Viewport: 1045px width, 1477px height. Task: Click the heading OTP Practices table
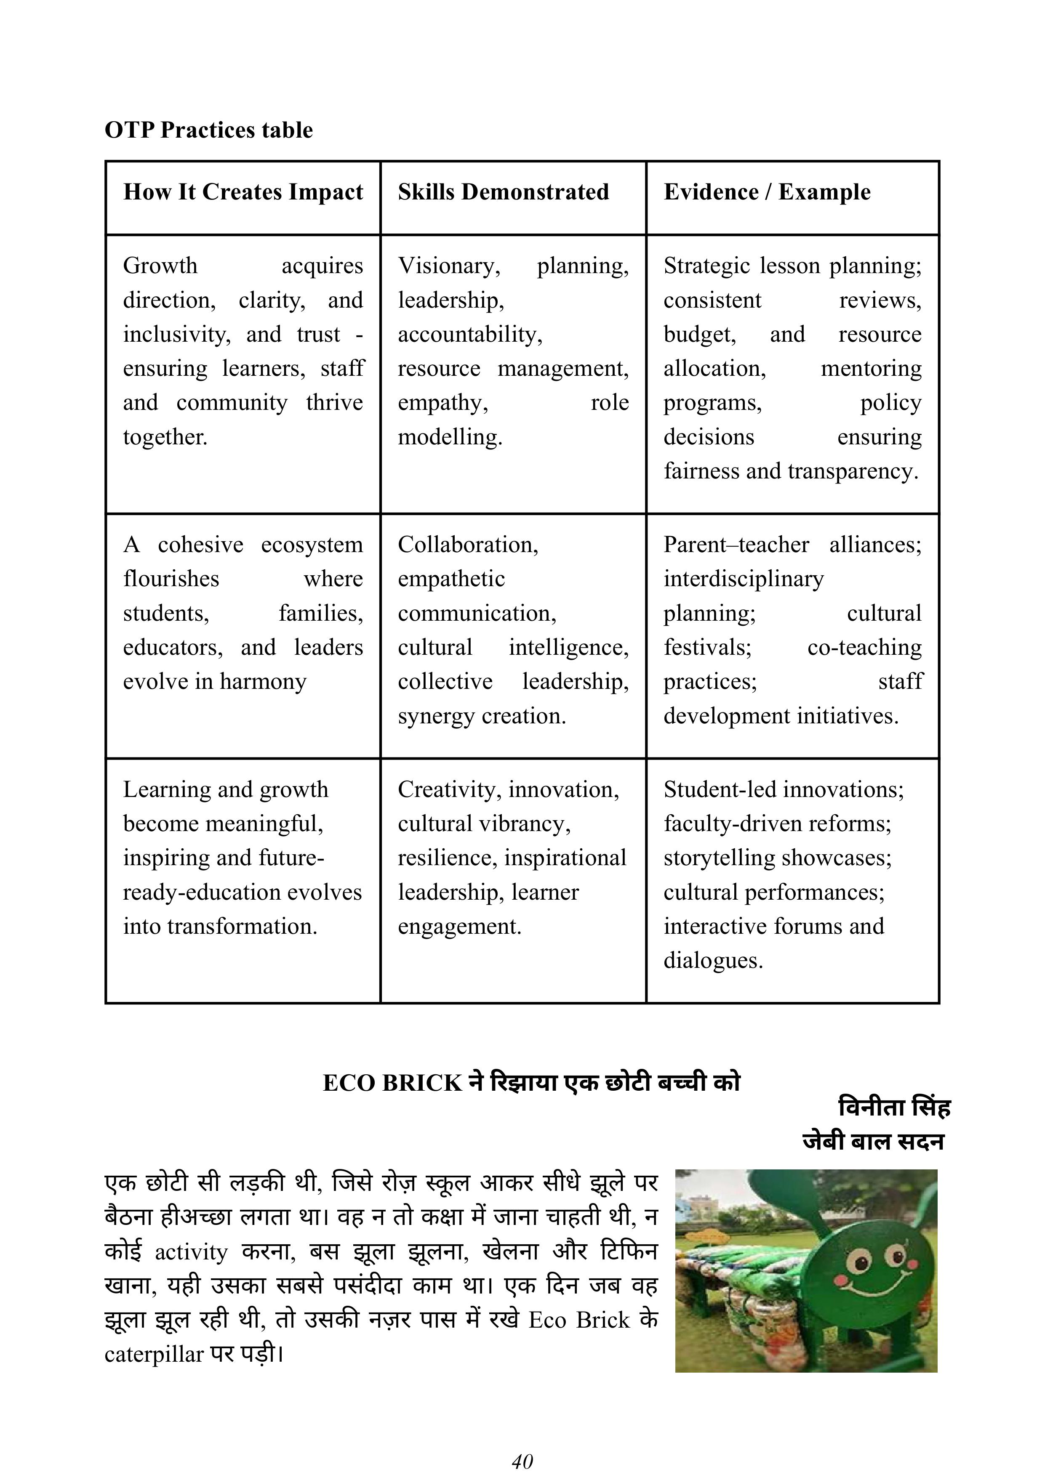[208, 130]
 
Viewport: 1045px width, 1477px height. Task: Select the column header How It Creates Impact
[243, 192]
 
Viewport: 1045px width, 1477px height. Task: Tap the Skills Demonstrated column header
[503, 192]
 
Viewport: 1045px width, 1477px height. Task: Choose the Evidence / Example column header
[767, 192]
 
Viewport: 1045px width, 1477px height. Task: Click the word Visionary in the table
[448, 266]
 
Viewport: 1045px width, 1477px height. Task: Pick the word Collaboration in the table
[468, 545]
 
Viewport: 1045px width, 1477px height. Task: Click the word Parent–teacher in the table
[736, 545]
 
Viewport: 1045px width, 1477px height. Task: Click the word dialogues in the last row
[713, 960]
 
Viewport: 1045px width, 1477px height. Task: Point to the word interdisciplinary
[743, 579]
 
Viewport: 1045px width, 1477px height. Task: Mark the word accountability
[470, 335]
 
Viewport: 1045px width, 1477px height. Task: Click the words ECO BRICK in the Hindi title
[392, 1083]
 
